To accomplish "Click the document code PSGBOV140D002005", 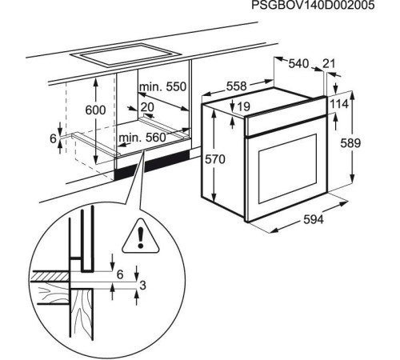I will coord(323,6).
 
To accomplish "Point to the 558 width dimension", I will coord(236,84).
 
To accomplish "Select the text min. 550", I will coord(163,86).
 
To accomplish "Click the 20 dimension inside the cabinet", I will coord(146,106).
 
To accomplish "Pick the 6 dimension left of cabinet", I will coord(53,138).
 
